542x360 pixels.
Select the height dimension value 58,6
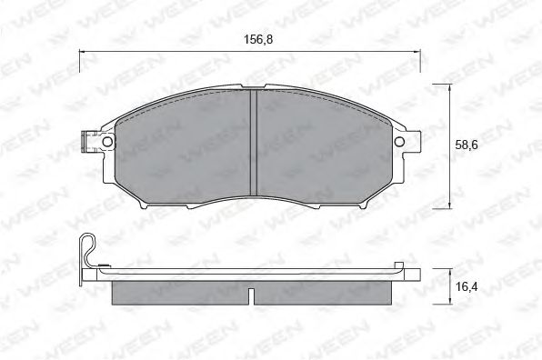click(467, 144)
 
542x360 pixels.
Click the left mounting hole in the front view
click(106, 143)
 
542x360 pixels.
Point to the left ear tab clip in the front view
click(89, 143)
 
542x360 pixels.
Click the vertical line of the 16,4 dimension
click(450, 285)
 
